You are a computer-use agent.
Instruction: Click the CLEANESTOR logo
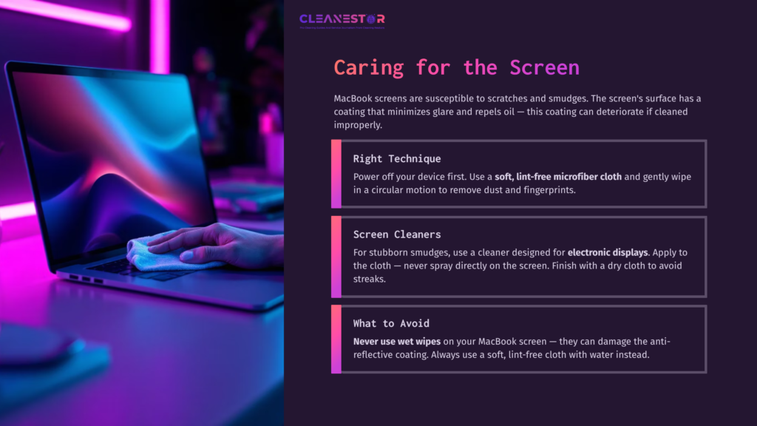pos(342,19)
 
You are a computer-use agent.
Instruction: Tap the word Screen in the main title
pos(544,67)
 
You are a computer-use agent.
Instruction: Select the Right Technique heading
pos(397,158)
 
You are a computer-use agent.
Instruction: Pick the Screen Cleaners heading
pos(397,234)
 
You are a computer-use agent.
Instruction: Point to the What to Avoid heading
pos(391,323)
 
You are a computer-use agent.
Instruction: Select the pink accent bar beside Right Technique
pos(336,174)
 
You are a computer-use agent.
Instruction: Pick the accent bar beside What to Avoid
pos(336,339)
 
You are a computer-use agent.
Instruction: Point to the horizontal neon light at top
pos(67,14)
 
